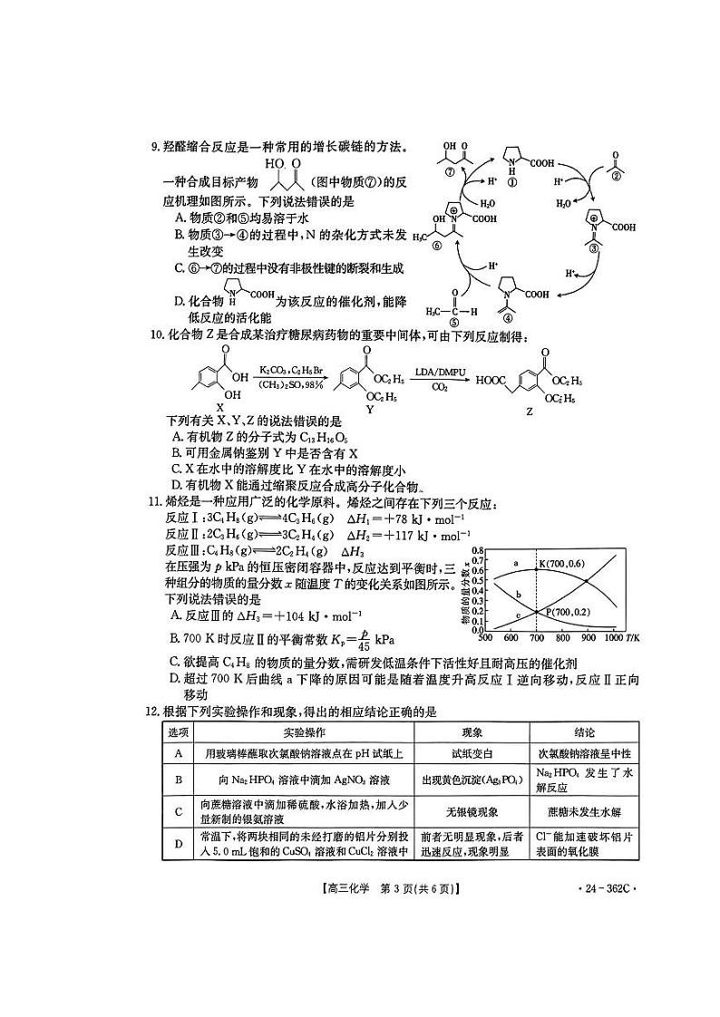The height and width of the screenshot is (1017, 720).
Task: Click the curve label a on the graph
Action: click(x=516, y=564)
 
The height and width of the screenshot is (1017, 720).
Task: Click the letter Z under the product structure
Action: click(x=529, y=412)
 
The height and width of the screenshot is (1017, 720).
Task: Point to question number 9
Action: click(x=155, y=147)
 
